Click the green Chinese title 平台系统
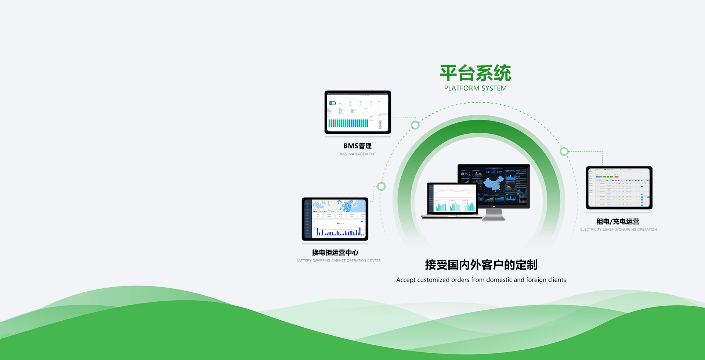tap(475, 73)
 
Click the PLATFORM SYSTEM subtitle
tap(475, 88)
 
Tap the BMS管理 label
tap(357, 146)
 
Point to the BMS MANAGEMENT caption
tap(357, 154)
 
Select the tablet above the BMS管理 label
tap(358, 112)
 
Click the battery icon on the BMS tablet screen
tap(332, 103)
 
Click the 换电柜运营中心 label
tap(335, 253)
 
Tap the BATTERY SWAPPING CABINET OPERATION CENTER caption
tap(338, 260)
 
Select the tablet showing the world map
tap(335, 219)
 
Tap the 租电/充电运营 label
tap(618, 222)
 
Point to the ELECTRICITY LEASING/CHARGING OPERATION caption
tap(618, 230)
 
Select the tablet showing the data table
tap(619, 188)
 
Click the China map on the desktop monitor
tap(494, 183)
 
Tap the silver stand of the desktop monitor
tap(493, 215)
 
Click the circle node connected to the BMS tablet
tap(415, 125)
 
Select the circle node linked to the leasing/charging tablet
tap(564, 151)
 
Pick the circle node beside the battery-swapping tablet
tap(382, 186)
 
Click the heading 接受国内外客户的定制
tap(481, 265)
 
